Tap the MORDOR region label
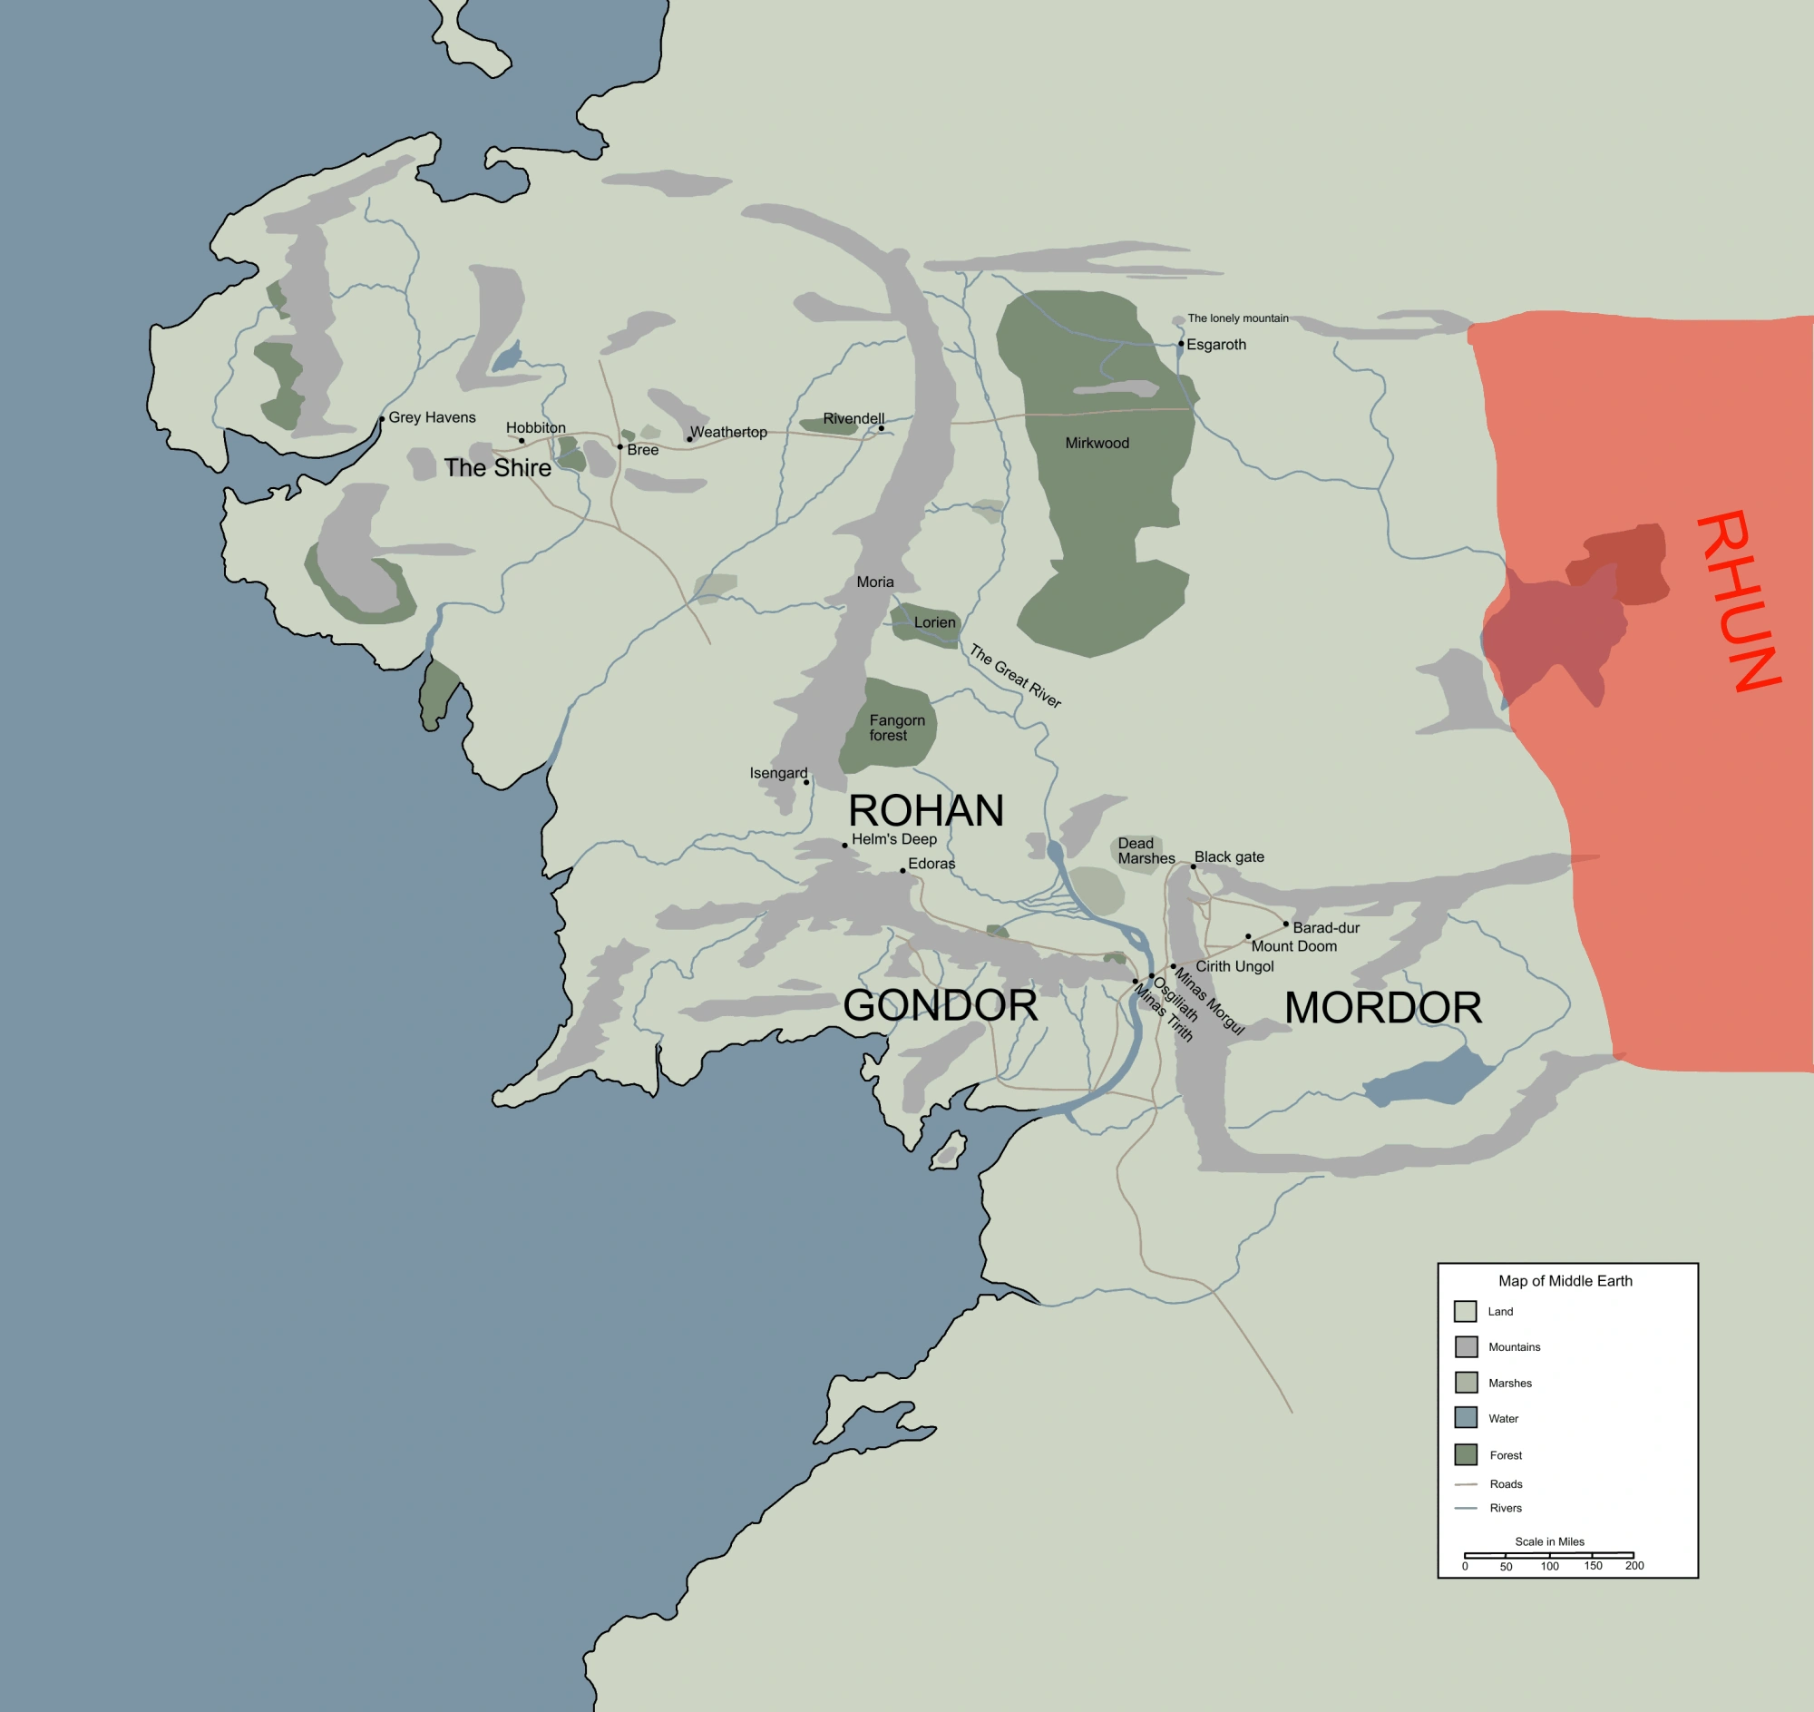tap(1382, 1007)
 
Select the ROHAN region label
tap(925, 810)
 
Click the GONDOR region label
tap(940, 1004)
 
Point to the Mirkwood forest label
tap(1097, 443)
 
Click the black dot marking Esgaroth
tap(1181, 344)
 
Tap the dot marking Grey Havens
tap(382, 419)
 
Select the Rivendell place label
tap(853, 418)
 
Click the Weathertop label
tap(728, 432)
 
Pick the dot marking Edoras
tap(902, 870)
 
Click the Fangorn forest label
tap(896, 728)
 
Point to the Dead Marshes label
tap(1146, 850)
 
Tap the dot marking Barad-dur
tap(1286, 924)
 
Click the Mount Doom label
tap(1294, 946)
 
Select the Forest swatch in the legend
tap(1466, 1454)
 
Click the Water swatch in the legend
tap(1466, 1417)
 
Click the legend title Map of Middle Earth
tap(1565, 1280)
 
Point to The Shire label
tap(497, 467)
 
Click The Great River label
tap(1015, 675)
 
